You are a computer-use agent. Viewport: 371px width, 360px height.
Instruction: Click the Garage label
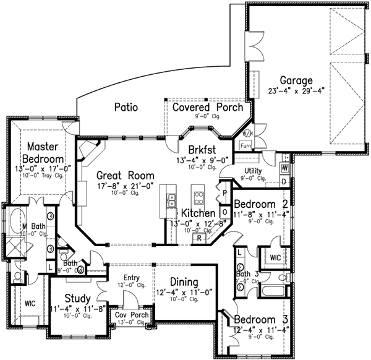coord(296,81)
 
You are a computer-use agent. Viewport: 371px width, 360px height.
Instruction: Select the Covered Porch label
coord(203,107)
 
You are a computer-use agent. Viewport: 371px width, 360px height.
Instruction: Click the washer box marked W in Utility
coord(286,168)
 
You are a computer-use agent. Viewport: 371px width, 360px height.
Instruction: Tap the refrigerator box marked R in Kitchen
coord(200,238)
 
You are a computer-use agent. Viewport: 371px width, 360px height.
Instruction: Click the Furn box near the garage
coord(245,145)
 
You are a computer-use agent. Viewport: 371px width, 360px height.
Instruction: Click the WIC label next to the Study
coord(29,304)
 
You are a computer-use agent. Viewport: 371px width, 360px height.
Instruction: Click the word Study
coord(77,298)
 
